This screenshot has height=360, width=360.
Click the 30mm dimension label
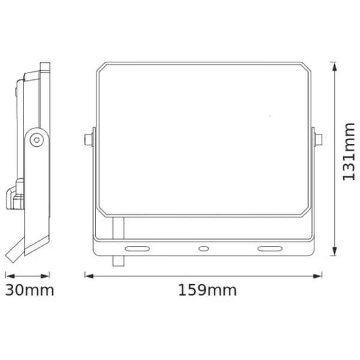(29, 290)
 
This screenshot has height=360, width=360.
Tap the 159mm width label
(208, 290)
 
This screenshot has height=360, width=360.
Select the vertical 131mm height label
(349, 152)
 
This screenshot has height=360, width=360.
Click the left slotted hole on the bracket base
(137, 248)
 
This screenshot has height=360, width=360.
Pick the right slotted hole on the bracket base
(270, 248)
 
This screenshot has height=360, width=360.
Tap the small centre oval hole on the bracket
(203, 248)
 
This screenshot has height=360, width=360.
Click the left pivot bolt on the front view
(89, 140)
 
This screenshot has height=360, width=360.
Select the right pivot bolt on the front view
(319, 140)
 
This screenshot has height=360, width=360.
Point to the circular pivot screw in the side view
(37, 140)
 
